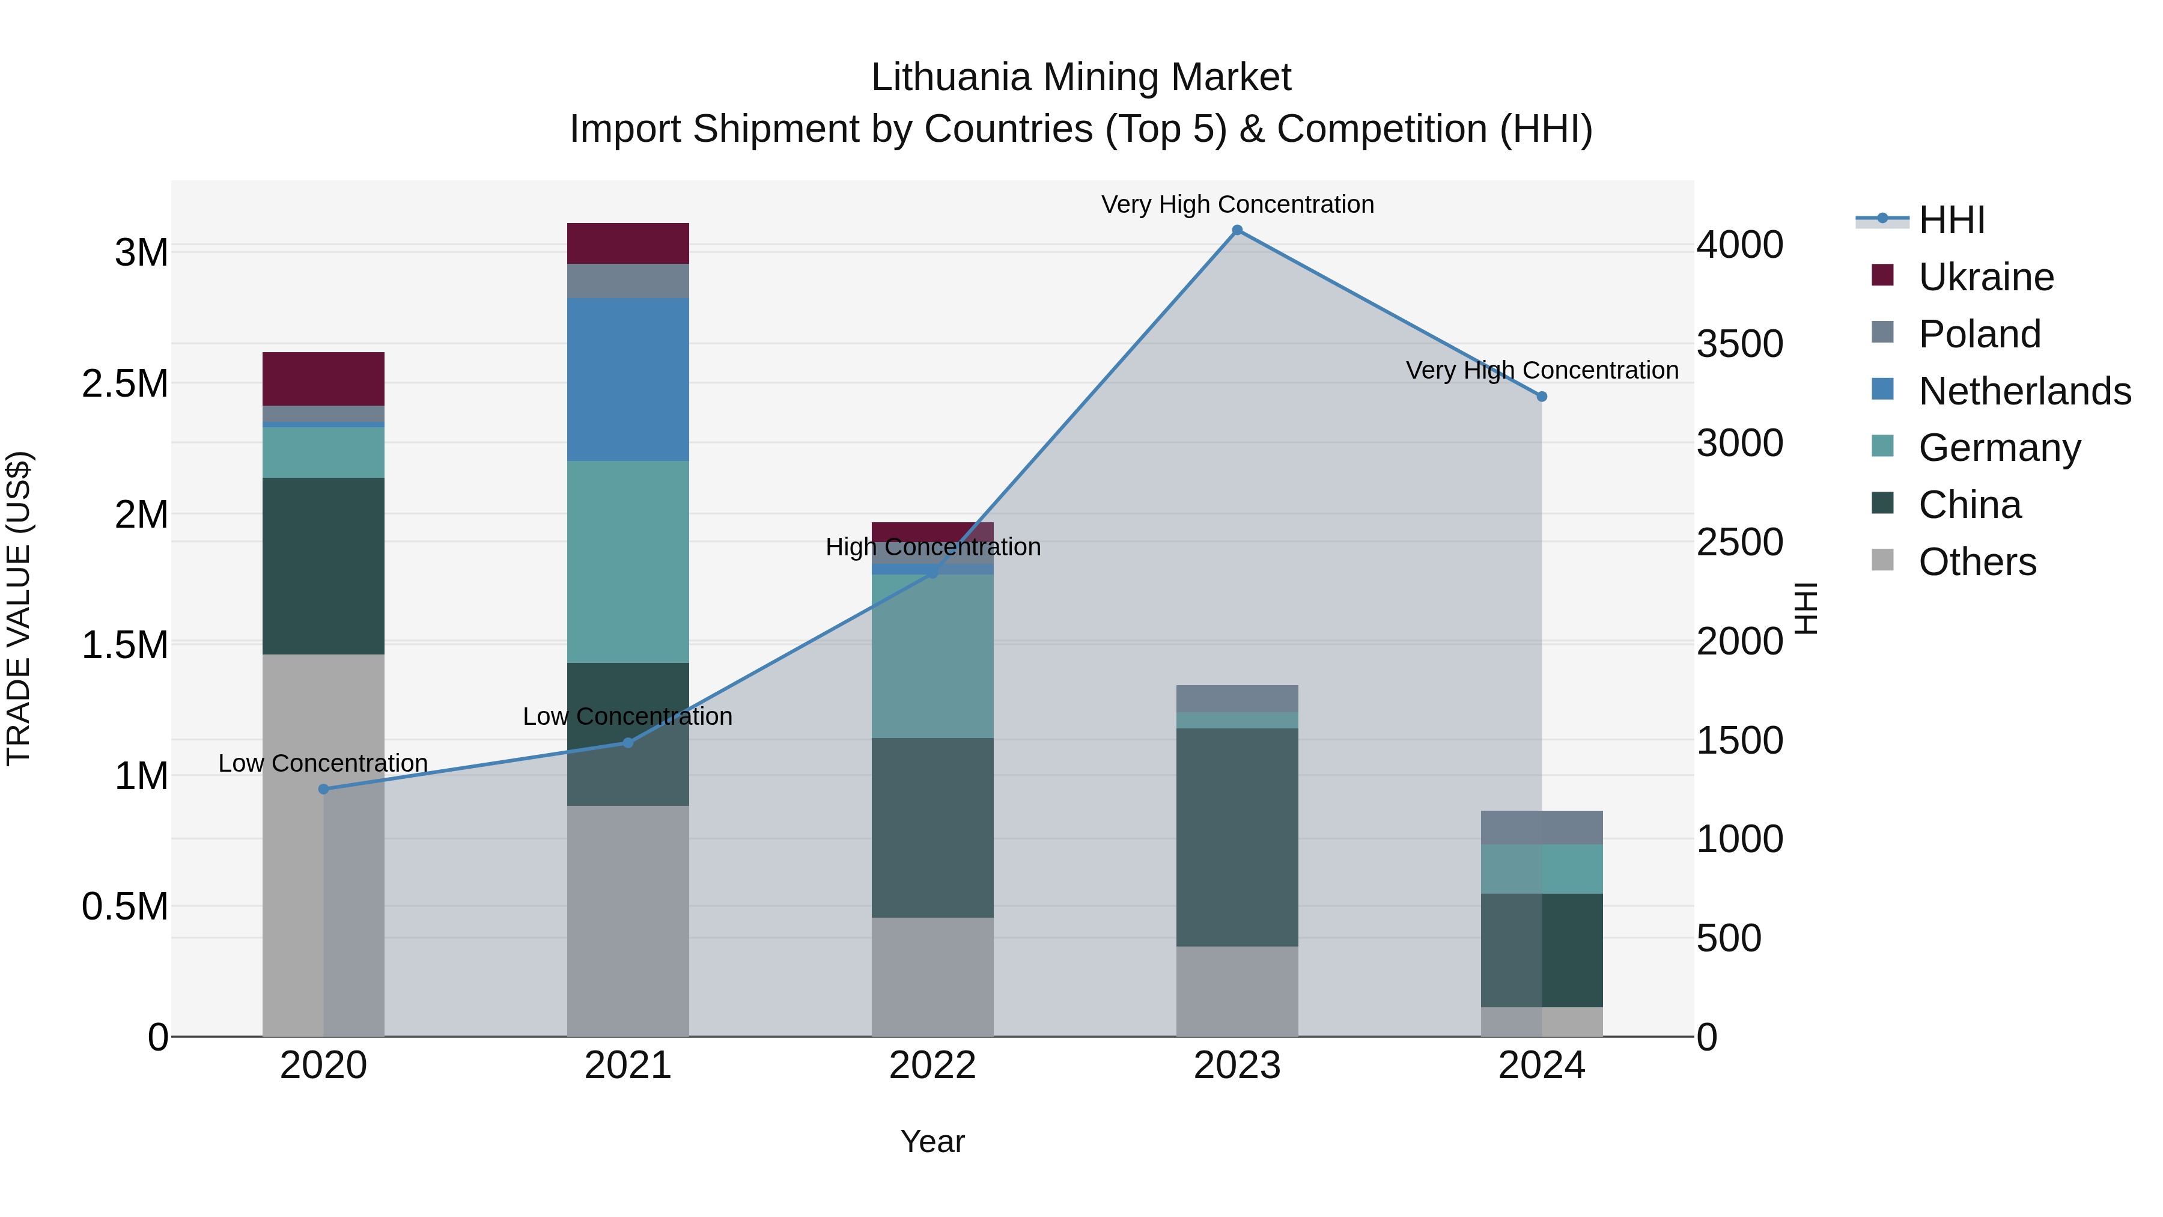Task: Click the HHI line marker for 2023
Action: pos(1237,230)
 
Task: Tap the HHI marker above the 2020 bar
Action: pos(323,788)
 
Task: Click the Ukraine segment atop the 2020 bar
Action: pos(323,379)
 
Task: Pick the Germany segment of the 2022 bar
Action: pos(932,656)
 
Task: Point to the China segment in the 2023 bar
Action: pos(1237,837)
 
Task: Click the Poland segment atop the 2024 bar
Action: pos(1542,828)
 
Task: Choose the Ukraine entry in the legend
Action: pos(1986,277)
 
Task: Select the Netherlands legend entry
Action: pos(2024,391)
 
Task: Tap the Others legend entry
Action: pos(1977,562)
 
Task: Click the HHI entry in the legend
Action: pos(1952,220)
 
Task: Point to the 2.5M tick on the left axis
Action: pos(125,384)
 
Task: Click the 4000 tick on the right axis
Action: pos(1740,245)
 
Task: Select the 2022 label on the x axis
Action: pos(932,1066)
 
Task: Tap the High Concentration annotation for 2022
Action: pos(932,547)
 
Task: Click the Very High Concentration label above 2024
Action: pos(1542,370)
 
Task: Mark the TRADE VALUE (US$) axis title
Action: pos(19,608)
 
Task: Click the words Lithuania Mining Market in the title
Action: pos(1081,78)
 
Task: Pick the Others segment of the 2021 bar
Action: pos(628,921)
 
